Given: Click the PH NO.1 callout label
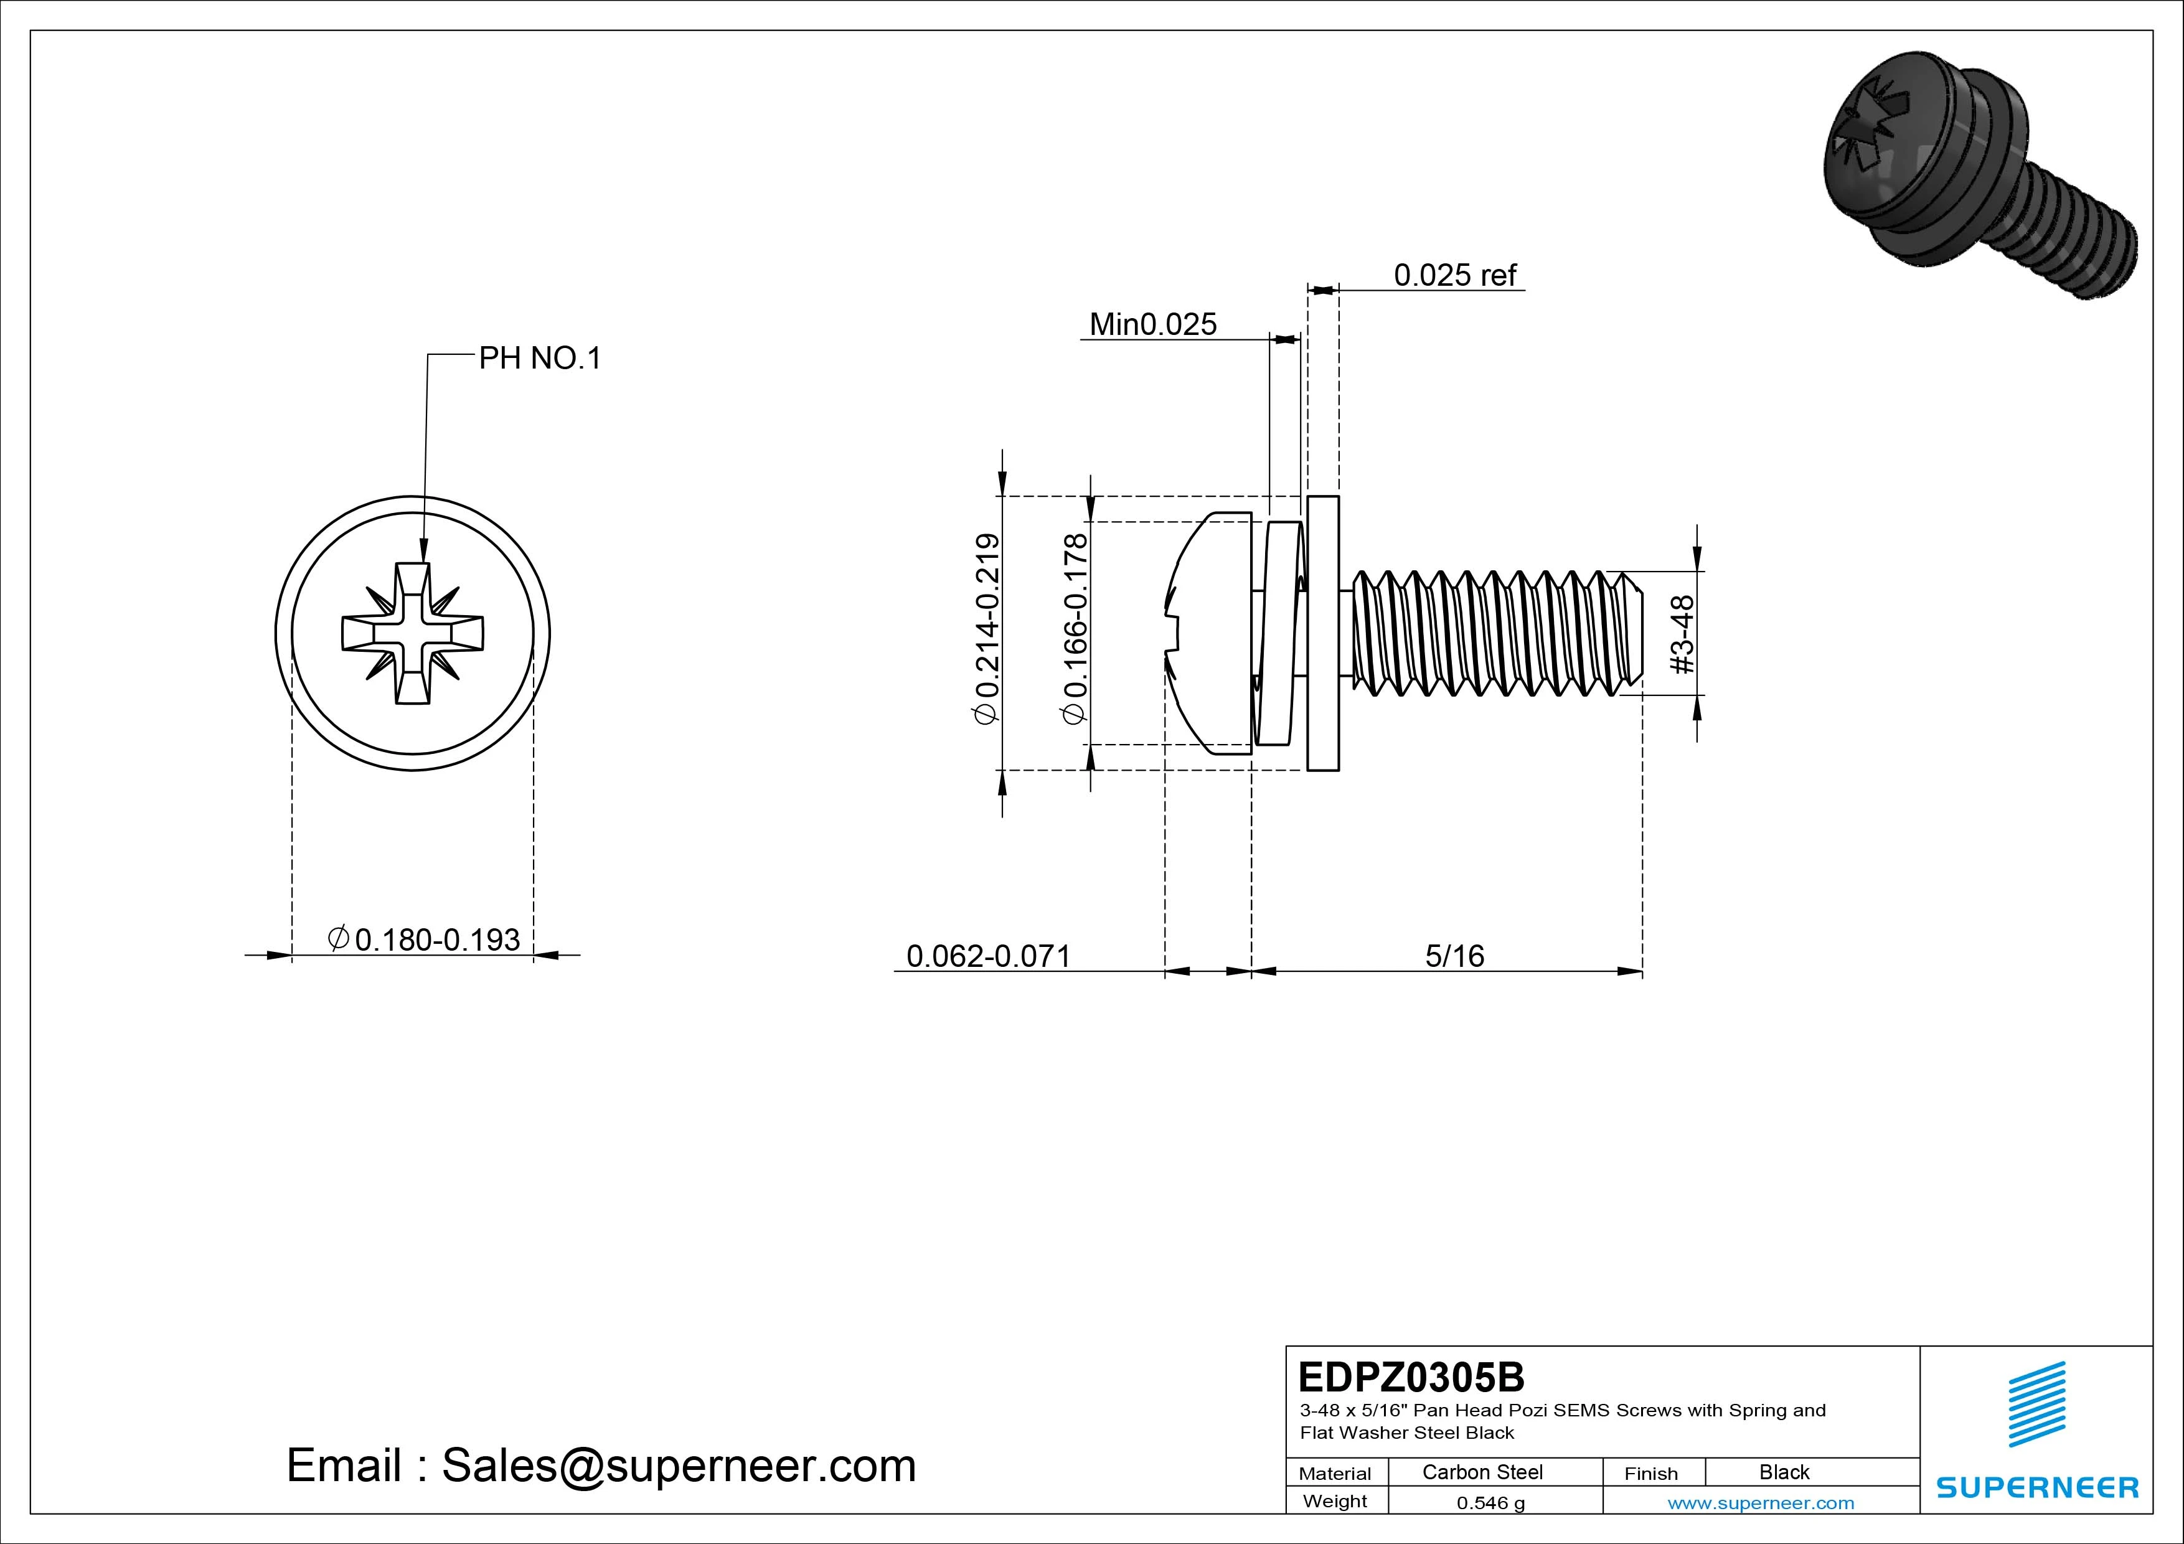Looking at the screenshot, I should tap(539, 359).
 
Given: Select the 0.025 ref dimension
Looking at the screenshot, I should tap(1454, 275).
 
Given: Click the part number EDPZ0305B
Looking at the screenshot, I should tap(1411, 1377).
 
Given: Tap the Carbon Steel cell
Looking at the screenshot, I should tap(1482, 1472).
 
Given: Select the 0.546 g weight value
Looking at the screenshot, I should tap(1490, 1503).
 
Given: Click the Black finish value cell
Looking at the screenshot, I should tap(1784, 1472).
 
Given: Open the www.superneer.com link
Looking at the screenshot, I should tap(1761, 1503).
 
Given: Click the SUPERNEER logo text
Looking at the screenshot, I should tap(2036, 1487).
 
